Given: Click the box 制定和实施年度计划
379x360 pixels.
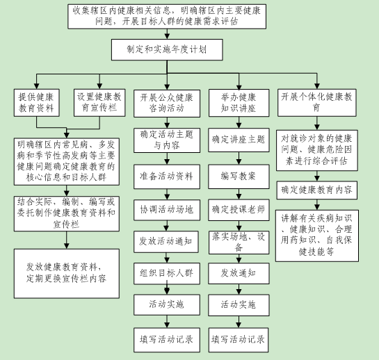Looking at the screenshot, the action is [167, 50].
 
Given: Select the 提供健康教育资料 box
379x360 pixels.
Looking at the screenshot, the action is [36, 103].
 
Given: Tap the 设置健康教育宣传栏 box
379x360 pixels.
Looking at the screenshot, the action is [99, 103].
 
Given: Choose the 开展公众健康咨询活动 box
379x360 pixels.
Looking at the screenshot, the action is [167, 104].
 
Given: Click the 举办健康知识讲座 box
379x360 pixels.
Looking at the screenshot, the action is [239, 103].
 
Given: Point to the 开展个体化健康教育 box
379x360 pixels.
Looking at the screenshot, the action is [317, 103].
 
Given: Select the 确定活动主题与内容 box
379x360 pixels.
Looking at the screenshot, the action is [167, 140].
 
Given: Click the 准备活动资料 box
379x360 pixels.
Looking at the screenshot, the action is [167, 177].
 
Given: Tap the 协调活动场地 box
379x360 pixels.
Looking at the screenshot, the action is [167, 210].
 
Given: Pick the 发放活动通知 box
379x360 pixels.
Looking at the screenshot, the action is [166, 242].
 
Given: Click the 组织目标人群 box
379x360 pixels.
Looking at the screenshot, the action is [167, 274].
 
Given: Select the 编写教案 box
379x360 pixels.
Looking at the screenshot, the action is [239, 177].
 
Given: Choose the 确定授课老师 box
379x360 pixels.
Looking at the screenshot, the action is [239, 210].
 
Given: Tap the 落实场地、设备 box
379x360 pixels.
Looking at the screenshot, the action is [239, 243].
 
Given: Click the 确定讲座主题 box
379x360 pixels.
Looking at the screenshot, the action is [239, 140].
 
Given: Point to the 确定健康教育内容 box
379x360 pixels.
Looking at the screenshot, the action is [317, 190].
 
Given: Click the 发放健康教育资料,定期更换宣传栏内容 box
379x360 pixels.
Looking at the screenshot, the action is [67, 274].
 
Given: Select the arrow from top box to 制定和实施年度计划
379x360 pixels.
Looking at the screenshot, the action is [167, 34].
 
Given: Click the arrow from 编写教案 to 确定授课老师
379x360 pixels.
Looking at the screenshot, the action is [239, 194].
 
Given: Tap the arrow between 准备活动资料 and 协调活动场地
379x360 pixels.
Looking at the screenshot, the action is [167, 195].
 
